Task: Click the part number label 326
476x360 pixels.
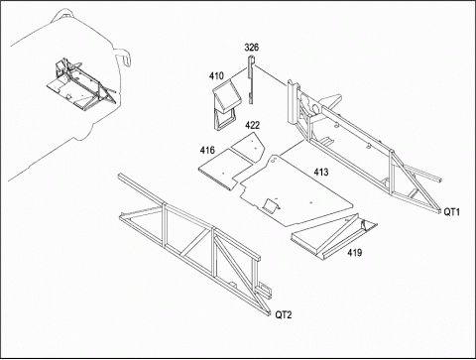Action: pyautogui.click(x=252, y=48)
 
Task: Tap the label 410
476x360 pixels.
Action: pyautogui.click(x=216, y=76)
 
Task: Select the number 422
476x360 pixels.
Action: pyautogui.click(x=252, y=125)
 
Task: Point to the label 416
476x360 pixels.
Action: pyautogui.click(x=207, y=151)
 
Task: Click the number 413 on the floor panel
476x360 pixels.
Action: pyautogui.click(x=321, y=173)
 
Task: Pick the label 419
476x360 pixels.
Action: pyautogui.click(x=355, y=253)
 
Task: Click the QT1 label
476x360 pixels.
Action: pyautogui.click(x=451, y=212)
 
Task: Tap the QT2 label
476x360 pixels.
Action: pyautogui.click(x=284, y=315)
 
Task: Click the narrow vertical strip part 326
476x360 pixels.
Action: pyautogui.click(x=251, y=79)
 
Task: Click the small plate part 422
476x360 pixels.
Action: pyautogui.click(x=249, y=146)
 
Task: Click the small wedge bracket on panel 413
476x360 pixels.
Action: pyautogui.click(x=272, y=206)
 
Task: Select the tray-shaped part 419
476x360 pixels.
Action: pyautogui.click(x=333, y=237)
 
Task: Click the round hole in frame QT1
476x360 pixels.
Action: pyautogui.click(x=315, y=108)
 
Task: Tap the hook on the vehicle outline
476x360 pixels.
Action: pyautogui.click(x=125, y=57)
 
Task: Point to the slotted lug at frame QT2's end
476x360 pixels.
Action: pyautogui.click(x=265, y=290)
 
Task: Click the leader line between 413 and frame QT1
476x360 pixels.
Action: pyautogui.click(x=292, y=148)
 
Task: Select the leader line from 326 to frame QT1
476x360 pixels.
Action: pyautogui.click(x=271, y=75)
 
